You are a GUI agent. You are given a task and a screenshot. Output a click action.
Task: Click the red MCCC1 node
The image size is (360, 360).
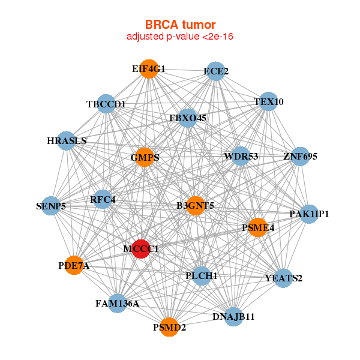(140, 248)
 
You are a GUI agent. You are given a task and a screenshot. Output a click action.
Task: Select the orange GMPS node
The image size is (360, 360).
(145, 158)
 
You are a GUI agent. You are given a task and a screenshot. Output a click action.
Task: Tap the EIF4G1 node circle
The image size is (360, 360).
(149, 69)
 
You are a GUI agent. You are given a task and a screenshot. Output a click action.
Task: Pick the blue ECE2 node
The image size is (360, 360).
(215, 71)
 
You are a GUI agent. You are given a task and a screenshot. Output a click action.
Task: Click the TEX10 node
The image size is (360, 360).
(268, 101)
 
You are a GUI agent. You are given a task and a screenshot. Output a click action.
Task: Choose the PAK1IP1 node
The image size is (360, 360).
(308, 214)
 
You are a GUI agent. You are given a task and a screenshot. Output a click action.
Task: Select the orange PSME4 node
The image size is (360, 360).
(258, 227)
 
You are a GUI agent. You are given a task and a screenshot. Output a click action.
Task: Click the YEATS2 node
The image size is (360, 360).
(284, 278)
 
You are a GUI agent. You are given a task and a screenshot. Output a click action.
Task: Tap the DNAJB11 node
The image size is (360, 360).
(233, 316)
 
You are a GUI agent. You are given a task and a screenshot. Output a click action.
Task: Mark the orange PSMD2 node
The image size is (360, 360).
(169, 327)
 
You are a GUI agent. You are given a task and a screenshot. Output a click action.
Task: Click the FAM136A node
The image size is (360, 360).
(117, 303)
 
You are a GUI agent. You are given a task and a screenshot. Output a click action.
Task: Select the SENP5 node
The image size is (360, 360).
(51, 206)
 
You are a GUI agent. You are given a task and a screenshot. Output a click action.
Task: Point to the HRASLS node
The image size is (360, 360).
(67, 142)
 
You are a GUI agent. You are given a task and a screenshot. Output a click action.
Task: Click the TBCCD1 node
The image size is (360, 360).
(106, 104)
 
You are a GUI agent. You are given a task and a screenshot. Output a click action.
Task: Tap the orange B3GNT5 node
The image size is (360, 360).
(196, 206)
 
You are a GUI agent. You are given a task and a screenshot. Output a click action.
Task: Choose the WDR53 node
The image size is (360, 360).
(241, 157)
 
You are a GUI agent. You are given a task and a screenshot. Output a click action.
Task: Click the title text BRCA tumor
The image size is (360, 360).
(180, 25)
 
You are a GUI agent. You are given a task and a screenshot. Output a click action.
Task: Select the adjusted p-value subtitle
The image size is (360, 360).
(180, 37)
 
